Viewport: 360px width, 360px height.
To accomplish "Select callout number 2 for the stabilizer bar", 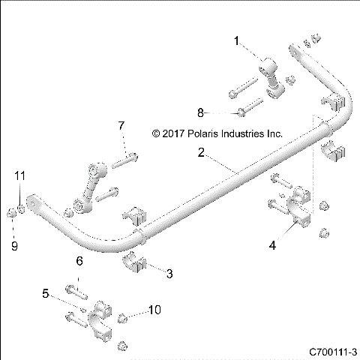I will point(200,152).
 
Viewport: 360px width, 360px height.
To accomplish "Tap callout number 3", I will point(169,274).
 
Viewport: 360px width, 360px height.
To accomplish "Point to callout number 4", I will point(273,244).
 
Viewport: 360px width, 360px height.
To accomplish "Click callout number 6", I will point(77,261).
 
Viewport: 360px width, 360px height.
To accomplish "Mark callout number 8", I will point(200,112).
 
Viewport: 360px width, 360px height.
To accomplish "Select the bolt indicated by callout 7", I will point(127,158).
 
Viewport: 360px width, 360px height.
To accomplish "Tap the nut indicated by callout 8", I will point(241,113).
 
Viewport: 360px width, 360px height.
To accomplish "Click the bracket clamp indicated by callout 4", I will point(295,213).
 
